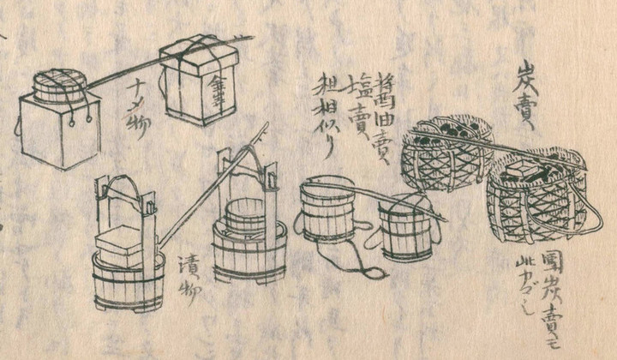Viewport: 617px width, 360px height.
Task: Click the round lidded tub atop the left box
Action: (60, 87)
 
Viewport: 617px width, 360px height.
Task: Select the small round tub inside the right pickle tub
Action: (245, 215)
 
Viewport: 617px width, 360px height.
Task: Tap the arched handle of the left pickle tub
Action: (126, 184)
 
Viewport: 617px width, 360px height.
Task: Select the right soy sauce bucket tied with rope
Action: (405, 226)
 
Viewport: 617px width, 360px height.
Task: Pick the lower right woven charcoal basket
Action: (536, 202)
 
